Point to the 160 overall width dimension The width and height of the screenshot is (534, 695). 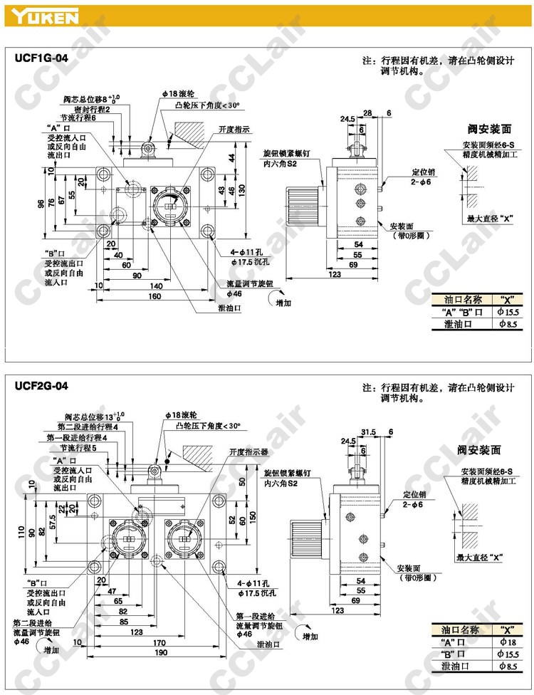pos(155,296)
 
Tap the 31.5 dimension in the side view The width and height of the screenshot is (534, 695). pos(368,432)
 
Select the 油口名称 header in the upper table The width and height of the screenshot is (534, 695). pos(462,300)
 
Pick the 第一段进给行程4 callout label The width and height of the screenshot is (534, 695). pos(77,437)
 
